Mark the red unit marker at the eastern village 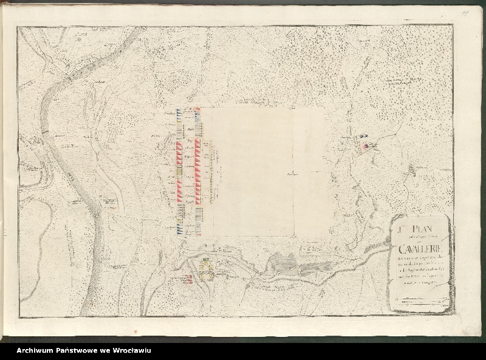365,146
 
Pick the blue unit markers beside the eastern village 363,137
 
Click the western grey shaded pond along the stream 283,263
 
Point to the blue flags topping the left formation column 179,112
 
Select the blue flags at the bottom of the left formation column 180,230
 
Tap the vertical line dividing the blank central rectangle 294,201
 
